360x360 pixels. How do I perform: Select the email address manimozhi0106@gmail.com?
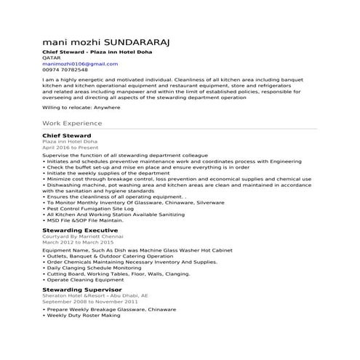(79, 64)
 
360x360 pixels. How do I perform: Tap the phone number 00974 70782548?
(67, 70)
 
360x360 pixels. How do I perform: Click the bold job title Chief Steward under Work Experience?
(66, 135)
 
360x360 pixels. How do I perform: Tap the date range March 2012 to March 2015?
(78, 242)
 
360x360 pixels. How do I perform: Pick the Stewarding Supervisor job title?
(81, 289)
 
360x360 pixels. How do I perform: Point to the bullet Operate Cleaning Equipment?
(87, 280)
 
